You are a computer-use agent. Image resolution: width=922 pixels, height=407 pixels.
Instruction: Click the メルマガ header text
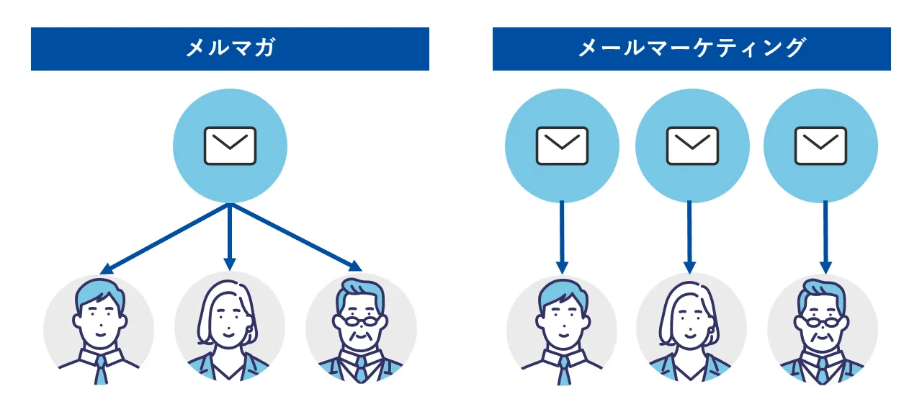(230, 48)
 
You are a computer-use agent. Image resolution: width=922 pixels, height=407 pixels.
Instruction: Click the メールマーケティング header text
(691, 48)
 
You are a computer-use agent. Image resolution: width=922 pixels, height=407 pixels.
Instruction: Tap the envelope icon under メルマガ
(230, 146)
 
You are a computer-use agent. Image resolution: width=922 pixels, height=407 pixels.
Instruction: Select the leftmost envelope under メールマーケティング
(562, 146)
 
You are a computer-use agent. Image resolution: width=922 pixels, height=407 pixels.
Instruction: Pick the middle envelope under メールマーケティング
(692, 146)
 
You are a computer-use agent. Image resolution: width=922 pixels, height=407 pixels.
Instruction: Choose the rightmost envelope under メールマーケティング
(820, 146)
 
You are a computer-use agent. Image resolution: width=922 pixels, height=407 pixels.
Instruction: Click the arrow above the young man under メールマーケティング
(563, 238)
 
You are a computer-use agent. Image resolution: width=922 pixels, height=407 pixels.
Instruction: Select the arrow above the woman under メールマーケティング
(690, 238)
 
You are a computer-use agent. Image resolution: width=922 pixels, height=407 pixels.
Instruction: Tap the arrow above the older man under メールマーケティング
(825, 238)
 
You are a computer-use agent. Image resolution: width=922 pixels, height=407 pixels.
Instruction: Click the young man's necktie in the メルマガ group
(100, 369)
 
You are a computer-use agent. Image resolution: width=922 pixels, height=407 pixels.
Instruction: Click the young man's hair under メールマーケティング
(562, 291)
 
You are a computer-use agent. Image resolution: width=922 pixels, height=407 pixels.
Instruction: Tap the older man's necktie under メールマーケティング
(822, 369)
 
